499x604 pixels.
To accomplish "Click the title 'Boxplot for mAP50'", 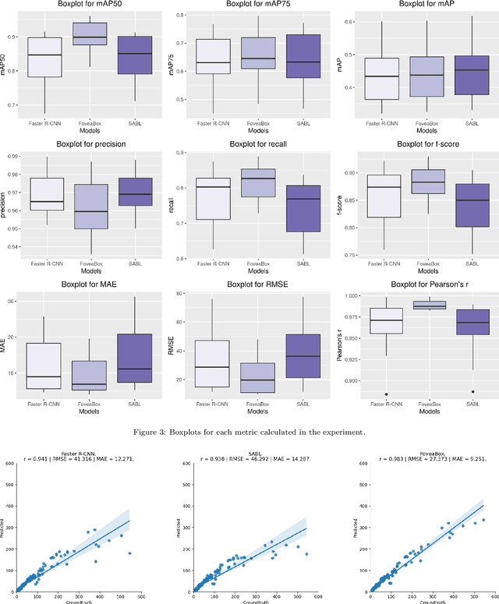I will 90,5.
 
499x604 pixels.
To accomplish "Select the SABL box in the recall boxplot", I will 304,208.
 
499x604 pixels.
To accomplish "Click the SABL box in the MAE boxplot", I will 135,358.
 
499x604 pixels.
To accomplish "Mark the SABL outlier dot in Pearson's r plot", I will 472,392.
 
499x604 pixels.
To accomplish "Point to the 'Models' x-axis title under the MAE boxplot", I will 90,412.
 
